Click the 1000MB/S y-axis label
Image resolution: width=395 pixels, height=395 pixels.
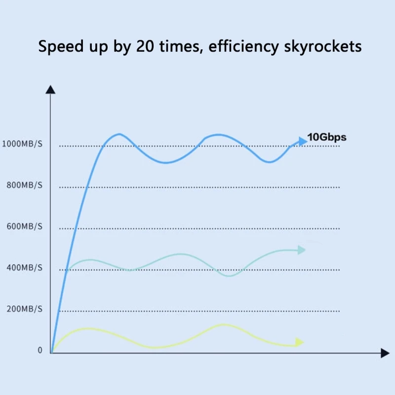click(x=22, y=144)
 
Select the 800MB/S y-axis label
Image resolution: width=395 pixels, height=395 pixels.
click(x=24, y=186)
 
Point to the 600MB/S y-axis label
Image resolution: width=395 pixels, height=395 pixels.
click(x=24, y=227)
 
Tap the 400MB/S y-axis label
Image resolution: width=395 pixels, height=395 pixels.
click(x=24, y=268)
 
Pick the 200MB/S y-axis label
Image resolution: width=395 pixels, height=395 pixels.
click(x=24, y=309)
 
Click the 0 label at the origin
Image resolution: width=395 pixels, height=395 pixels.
click(x=40, y=351)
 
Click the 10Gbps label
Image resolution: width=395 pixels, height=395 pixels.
click(x=327, y=138)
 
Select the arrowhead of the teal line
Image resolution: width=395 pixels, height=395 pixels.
click(x=301, y=250)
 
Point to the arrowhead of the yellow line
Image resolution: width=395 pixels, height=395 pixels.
click(x=299, y=342)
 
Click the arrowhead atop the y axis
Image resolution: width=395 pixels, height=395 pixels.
click(x=50, y=89)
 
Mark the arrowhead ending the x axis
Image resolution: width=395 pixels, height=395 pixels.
click(x=385, y=353)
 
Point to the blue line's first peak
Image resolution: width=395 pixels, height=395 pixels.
click(x=118, y=134)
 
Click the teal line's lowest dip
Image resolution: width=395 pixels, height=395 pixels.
click(x=229, y=276)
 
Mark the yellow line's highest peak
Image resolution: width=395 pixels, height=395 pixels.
click(x=223, y=324)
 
